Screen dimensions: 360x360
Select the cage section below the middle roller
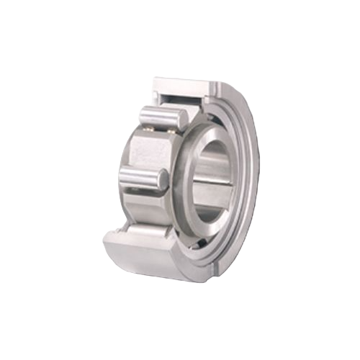point(148,209)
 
